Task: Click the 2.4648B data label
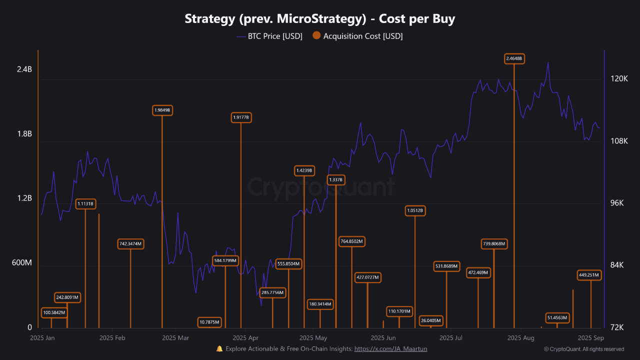click(514, 58)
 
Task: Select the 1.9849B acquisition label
click(162, 110)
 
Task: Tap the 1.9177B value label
click(241, 117)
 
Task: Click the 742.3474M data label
click(130, 244)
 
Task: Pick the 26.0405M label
click(430, 320)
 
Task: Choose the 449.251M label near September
click(589, 275)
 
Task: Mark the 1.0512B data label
click(415, 211)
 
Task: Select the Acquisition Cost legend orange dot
click(316, 36)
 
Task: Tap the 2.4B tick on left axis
click(24, 69)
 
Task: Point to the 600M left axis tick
click(21, 263)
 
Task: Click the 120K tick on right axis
click(619, 79)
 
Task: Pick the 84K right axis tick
click(618, 265)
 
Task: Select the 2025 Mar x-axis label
click(176, 338)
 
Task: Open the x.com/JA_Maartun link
click(390, 349)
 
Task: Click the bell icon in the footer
click(219, 349)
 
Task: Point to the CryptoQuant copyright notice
click(583, 349)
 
